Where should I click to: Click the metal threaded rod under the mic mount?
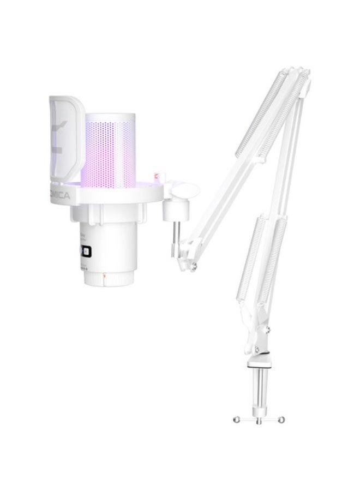173,235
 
